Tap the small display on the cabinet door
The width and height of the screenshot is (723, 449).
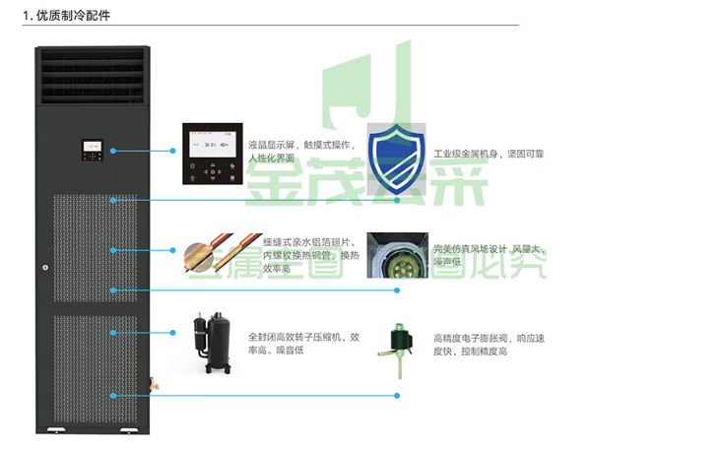[92, 151]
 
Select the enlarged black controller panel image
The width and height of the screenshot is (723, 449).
[211, 154]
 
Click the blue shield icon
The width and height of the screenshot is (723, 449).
[396, 158]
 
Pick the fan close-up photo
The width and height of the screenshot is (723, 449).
[396, 254]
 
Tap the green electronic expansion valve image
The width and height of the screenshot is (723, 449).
[397, 344]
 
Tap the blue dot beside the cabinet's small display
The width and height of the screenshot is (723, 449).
[114, 151]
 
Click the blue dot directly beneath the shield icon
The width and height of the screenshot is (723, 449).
[397, 200]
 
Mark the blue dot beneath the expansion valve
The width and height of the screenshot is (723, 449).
[397, 396]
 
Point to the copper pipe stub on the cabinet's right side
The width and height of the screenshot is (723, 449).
[152, 382]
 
